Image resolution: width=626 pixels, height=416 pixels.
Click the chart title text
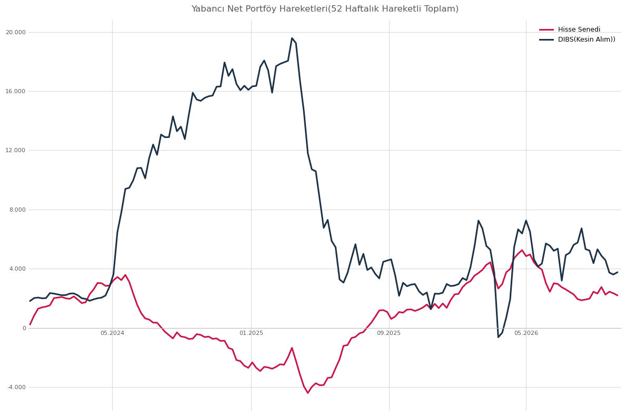[x=324, y=9]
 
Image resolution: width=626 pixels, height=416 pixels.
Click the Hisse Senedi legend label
[x=579, y=29]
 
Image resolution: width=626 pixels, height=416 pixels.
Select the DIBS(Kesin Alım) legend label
[x=587, y=39]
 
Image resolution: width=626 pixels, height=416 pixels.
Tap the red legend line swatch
[x=546, y=29]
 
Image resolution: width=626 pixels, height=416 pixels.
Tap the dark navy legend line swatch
[x=546, y=39]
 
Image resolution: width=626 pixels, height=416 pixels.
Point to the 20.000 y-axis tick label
[x=16, y=32]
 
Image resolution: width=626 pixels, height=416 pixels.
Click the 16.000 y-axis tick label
[x=16, y=92]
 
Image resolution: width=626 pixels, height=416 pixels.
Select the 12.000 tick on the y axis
[x=16, y=151]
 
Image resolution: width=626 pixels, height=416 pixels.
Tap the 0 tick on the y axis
[x=24, y=328]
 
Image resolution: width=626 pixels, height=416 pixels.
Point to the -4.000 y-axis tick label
[x=16, y=387]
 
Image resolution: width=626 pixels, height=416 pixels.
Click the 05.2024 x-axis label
[x=112, y=333]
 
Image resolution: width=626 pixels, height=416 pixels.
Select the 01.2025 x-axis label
[x=251, y=333]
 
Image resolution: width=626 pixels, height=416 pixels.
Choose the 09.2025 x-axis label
[x=389, y=333]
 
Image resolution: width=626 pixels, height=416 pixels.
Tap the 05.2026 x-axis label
[x=526, y=333]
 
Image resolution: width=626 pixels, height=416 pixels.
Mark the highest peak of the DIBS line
[x=292, y=38]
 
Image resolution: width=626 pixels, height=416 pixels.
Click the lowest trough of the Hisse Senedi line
[x=308, y=393]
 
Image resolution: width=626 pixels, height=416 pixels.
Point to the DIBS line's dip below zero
[x=498, y=337]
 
